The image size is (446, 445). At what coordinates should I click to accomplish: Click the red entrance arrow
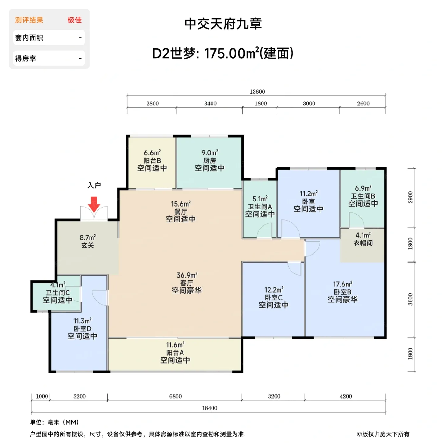pos(94,204)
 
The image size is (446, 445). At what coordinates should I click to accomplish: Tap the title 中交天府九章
pos(223,24)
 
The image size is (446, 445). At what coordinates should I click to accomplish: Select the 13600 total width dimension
pos(257,92)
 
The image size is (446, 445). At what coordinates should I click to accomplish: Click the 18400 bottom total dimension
pos(210,408)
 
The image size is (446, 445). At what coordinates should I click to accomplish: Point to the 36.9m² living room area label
pos(187,275)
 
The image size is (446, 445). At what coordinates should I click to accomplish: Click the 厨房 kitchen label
pos(210,160)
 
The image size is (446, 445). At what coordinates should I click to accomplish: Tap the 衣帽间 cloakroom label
pos(363,243)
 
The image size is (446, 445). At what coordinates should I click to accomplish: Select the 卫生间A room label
pos(260,207)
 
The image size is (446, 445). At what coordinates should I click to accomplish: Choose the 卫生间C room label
pos(58,293)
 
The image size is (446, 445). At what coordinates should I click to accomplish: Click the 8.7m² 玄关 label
pos(88,241)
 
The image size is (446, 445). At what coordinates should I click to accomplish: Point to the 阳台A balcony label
pos(175,353)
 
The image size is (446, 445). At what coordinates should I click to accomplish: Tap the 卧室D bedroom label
pos(83,328)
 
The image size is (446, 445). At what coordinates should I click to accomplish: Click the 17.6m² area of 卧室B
pos(343,284)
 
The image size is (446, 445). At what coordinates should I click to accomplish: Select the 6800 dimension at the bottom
pos(176,396)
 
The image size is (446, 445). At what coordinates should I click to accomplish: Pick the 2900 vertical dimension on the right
pos(410,197)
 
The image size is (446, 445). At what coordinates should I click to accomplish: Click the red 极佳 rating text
pos(75,20)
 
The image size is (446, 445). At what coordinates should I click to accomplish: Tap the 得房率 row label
pos(25,59)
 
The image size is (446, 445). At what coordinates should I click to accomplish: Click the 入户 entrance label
pos(94,185)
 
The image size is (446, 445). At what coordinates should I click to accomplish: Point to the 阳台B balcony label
pos(152,160)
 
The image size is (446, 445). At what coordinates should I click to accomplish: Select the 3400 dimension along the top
pos(210,103)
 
